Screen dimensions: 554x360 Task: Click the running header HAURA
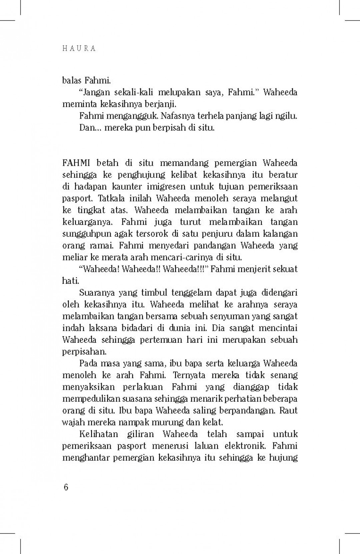pos(79,49)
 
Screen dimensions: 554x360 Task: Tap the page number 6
pos(66,487)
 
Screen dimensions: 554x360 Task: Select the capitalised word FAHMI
pos(76,163)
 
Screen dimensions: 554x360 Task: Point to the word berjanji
pos(160,104)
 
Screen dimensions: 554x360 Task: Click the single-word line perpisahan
pos(84,352)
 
